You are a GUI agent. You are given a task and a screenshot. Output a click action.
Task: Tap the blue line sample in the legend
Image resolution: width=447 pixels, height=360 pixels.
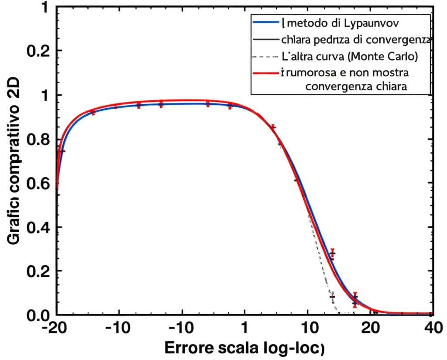[265, 22]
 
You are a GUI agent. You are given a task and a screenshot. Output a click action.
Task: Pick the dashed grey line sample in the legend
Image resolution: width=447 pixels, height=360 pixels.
[265, 56]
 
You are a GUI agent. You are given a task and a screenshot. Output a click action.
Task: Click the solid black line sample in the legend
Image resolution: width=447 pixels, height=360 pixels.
[265, 39]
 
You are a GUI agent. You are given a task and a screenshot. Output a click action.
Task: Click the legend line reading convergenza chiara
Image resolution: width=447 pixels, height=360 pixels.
[356, 86]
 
